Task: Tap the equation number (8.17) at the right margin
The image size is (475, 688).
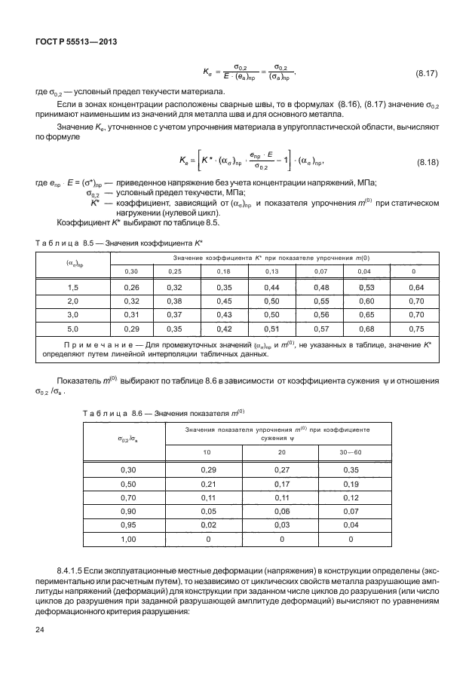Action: click(x=429, y=74)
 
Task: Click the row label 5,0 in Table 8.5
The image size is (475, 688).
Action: click(x=72, y=329)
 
